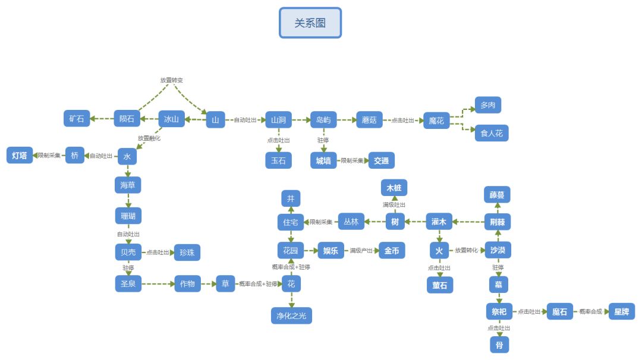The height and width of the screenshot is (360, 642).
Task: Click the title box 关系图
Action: tap(310, 23)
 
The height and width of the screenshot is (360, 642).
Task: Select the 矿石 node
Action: tap(77, 119)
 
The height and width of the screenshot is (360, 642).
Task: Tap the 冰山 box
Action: tap(171, 119)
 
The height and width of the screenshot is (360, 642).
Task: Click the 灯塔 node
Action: tap(19, 156)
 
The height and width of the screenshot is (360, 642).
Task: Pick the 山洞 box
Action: tap(278, 120)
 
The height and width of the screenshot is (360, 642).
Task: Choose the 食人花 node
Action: tap(492, 133)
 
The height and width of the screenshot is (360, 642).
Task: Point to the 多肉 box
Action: tap(487, 105)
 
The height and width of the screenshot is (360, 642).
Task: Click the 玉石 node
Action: tap(278, 160)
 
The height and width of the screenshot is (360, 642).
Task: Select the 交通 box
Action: tap(381, 160)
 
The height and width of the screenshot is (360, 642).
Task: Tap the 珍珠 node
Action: tap(187, 252)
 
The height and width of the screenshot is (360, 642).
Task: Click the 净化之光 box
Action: tap(291, 316)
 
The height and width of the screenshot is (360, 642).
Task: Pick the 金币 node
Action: tap(392, 251)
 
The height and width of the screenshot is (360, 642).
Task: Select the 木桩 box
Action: tap(394, 188)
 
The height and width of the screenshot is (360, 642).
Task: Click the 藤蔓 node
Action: tap(497, 194)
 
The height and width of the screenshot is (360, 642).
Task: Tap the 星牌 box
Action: tap(621, 311)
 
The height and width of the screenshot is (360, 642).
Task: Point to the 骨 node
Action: tap(499, 344)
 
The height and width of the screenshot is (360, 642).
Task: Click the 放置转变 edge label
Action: tap(175, 80)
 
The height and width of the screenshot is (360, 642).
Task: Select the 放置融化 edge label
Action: tap(149, 138)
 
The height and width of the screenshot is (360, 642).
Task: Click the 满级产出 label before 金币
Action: tap(361, 251)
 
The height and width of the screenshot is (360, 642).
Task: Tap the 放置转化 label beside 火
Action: tap(466, 250)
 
